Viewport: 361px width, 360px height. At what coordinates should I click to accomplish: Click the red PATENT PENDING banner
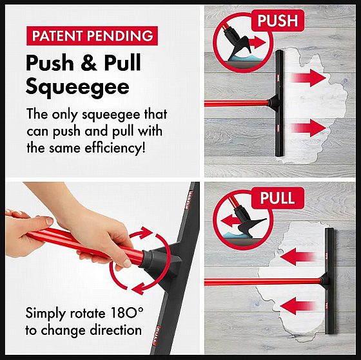point(92,35)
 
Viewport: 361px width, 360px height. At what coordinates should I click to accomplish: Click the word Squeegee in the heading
point(77,88)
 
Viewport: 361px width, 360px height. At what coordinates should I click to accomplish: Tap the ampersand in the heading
point(89,62)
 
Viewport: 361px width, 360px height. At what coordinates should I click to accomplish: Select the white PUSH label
point(278,21)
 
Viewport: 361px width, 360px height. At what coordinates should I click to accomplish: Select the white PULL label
point(277,198)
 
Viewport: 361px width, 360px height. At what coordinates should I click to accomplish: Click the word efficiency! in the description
point(115,147)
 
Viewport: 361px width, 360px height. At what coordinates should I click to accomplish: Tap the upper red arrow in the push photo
point(309,78)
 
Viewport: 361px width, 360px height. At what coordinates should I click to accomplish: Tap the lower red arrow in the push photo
point(309,128)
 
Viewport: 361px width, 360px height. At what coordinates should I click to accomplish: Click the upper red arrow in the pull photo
point(298,256)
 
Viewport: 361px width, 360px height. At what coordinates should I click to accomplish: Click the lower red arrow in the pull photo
point(298,306)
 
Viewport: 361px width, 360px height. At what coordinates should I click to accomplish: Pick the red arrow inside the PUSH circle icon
point(257,43)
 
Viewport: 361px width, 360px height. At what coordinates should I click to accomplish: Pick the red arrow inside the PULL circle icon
point(230,222)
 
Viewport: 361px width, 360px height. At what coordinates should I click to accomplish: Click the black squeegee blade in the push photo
point(280,104)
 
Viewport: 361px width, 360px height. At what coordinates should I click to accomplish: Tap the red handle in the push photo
point(237,104)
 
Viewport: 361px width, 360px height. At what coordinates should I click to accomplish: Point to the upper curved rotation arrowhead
point(146,232)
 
